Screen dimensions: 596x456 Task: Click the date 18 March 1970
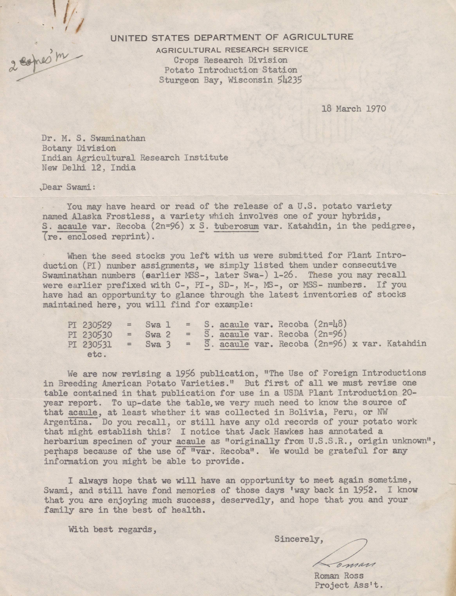point(354,109)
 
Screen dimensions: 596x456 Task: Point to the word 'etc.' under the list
point(97,355)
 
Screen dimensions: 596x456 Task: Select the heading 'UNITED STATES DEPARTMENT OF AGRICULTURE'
point(232,37)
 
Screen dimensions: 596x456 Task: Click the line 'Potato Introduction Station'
point(230,70)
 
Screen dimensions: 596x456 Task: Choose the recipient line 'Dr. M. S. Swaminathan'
point(93,139)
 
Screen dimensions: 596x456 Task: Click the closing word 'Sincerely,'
point(299,539)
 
